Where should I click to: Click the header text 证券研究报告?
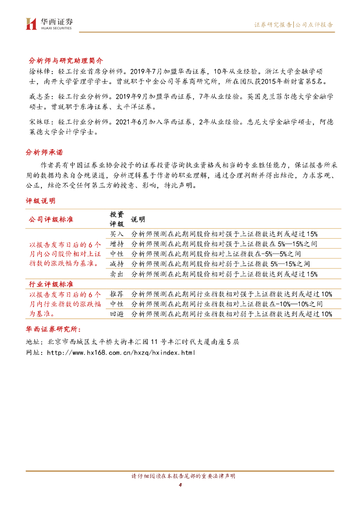[273, 24]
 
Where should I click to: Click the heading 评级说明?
[41, 201]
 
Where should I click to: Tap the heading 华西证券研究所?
[55, 329]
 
